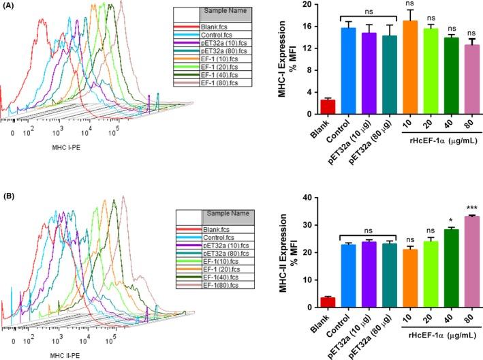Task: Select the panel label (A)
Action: [8, 6]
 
